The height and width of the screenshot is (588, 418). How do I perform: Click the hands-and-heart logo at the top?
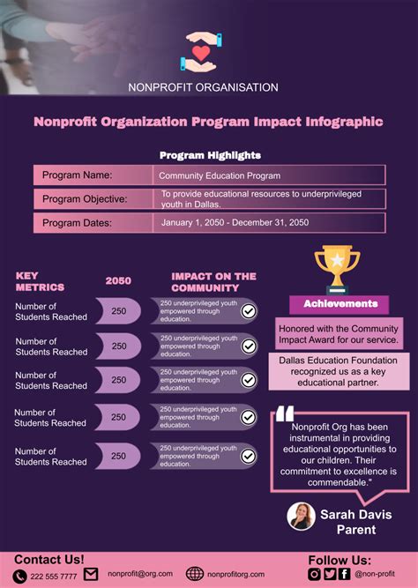tap(203, 52)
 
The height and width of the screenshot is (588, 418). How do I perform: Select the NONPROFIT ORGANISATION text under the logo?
tap(203, 87)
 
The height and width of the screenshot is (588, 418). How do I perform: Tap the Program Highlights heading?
tap(210, 155)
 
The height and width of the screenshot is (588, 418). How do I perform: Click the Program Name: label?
tap(78, 175)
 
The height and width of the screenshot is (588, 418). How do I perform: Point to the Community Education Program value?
tap(220, 175)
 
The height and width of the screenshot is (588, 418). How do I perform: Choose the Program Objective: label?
tap(85, 198)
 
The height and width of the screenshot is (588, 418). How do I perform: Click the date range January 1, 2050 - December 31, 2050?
tap(235, 223)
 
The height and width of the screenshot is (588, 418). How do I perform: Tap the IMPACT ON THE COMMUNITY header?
tap(213, 281)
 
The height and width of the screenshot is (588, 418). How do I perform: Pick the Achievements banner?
tap(340, 304)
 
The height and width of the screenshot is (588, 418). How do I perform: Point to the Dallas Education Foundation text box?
tap(339, 371)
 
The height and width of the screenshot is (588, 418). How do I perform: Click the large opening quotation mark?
tap(283, 414)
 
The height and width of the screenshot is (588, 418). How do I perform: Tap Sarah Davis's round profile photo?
tap(301, 517)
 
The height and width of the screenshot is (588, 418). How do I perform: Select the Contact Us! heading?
tap(49, 560)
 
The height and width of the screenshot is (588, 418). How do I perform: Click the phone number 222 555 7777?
tap(54, 576)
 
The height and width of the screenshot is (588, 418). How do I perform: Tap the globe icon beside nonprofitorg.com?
tap(195, 574)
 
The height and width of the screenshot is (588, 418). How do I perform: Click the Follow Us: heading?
tap(340, 560)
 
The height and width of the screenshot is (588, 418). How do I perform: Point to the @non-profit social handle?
tap(376, 574)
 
